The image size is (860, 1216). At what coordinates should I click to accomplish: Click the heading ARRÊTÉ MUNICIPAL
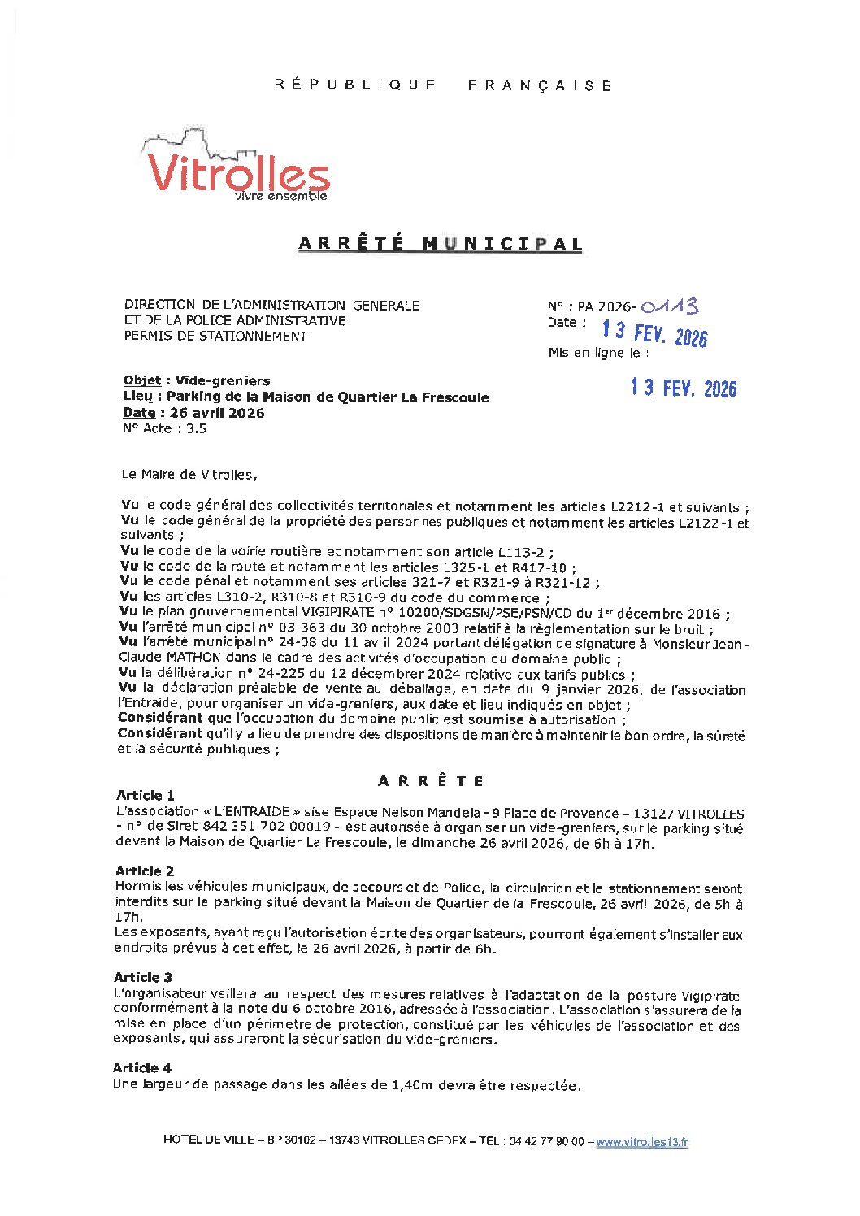[x=440, y=244]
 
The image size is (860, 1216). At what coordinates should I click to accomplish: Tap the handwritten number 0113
[x=669, y=306]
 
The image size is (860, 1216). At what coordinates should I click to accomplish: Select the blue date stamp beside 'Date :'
[x=654, y=332]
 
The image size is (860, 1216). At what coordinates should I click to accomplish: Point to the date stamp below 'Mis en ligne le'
[x=683, y=389]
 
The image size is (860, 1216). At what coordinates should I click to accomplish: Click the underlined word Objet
[x=141, y=380]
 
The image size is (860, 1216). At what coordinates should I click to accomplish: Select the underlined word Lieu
[x=137, y=397]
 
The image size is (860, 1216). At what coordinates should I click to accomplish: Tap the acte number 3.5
[x=196, y=428]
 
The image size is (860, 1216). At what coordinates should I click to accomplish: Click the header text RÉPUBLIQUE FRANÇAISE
[x=443, y=85]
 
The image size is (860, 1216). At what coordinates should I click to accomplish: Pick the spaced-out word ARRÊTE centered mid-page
[x=431, y=781]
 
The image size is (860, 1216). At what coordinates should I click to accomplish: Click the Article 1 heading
[x=145, y=796]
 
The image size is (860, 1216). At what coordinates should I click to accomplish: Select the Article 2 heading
[x=144, y=871]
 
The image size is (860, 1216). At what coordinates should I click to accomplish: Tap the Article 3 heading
[x=142, y=977]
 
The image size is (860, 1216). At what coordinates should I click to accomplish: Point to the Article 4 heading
[x=141, y=1068]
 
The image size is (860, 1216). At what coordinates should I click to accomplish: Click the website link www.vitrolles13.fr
[x=641, y=1142]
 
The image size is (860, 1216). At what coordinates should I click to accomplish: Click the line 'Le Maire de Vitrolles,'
[x=189, y=475]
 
